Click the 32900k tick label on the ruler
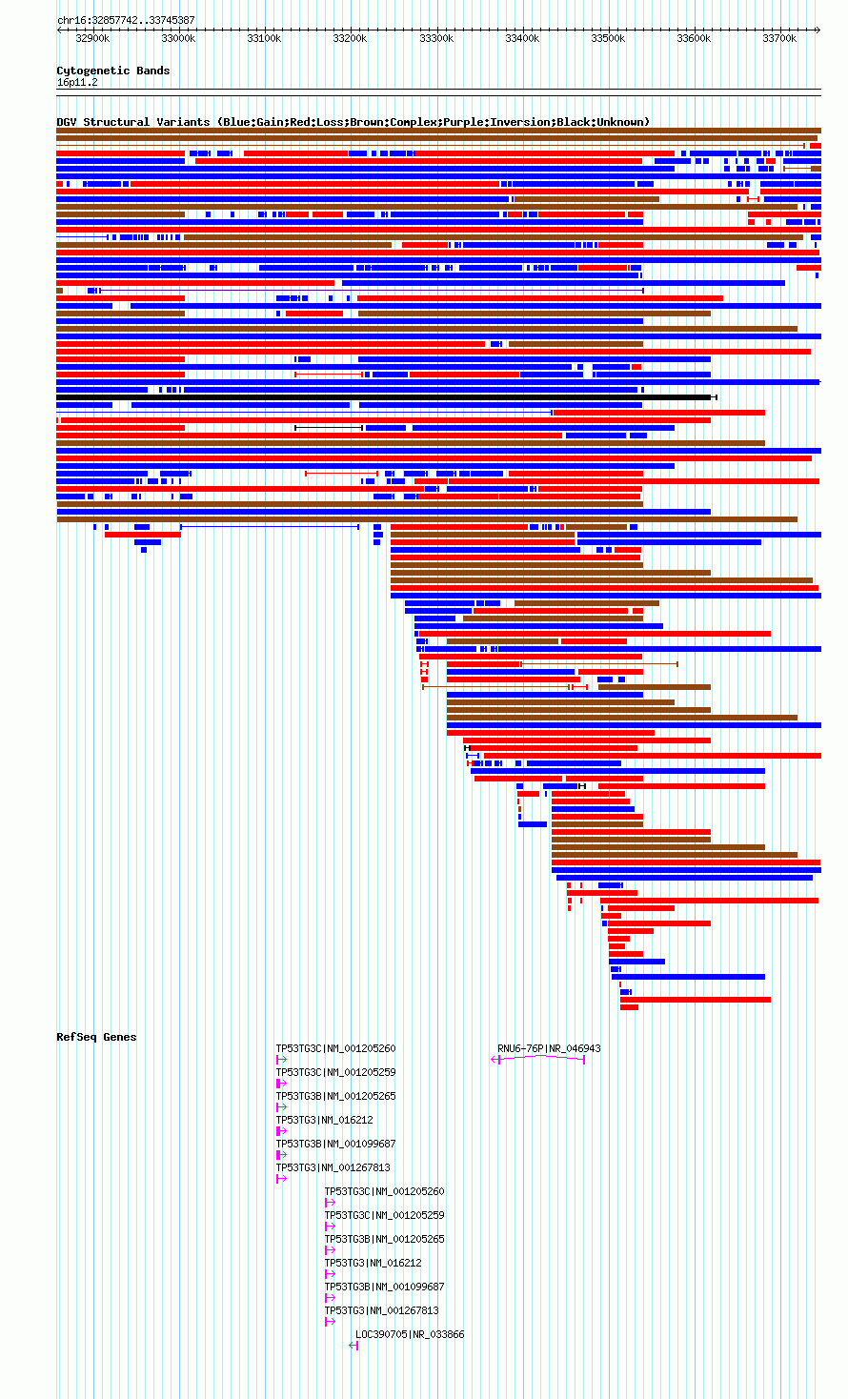point(92,39)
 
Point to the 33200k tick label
point(350,39)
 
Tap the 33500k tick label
point(608,39)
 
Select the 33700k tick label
point(779,39)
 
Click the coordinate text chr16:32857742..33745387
point(126,21)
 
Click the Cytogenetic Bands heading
point(113,71)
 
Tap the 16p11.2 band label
point(77,83)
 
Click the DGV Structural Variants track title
point(353,122)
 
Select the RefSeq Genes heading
point(96,1037)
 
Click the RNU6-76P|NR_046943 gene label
point(549,1048)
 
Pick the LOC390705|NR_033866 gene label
point(410,1334)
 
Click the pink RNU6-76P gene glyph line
point(538,1058)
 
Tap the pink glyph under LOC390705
point(354,1346)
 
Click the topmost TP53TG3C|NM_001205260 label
point(336,1048)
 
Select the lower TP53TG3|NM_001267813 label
point(381,1311)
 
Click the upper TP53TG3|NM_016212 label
point(325,1121)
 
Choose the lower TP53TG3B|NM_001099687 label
point(385,1287)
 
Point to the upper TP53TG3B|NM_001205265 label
point(336,1096)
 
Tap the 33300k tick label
point(435,39)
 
